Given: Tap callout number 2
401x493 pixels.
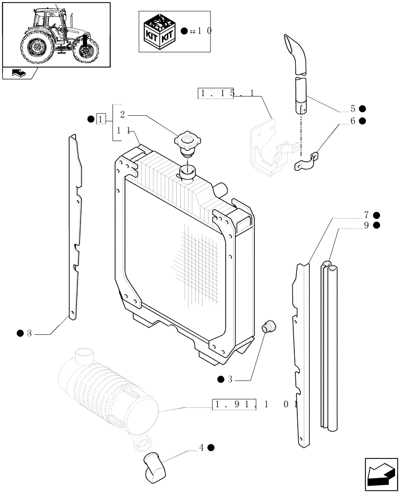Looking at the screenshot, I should click(x=122, y=115).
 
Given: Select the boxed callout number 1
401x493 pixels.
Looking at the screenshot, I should click(x=101, y=119).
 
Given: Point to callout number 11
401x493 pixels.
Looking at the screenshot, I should click(x=123, y=131).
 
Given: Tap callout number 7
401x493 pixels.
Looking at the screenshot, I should click(x=366, y=215).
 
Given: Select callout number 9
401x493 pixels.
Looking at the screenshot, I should click(x=366, y=225).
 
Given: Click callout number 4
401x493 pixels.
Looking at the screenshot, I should click(x=201, y=448).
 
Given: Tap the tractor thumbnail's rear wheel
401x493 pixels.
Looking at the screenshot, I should click(x=36, y=48).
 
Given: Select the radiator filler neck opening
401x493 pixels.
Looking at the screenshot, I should click(x=187, y=172).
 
